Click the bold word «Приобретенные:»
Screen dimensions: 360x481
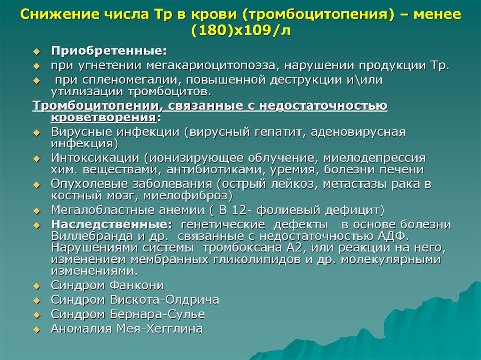109,50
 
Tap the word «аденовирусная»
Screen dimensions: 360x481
357,132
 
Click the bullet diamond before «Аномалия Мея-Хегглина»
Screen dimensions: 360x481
37,329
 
